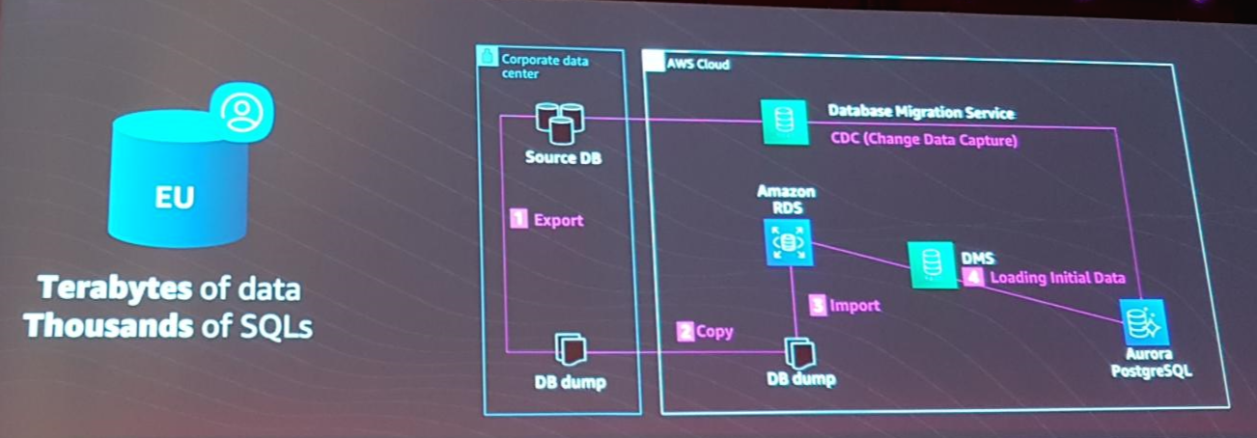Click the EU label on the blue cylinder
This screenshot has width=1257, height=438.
(174, 198)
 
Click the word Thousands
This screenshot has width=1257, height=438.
(108, 326)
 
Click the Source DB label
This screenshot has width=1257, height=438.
(564, 156)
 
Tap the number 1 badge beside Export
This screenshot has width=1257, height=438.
(518, 220)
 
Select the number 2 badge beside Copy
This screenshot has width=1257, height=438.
(685, 331)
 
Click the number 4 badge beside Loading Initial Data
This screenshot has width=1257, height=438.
(974, 278)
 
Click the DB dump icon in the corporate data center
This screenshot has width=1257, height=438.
(569, 349)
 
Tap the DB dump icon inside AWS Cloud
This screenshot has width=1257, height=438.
(799, 351)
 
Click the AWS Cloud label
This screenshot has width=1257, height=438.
(698, 65)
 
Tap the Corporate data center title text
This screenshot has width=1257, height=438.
(544, 67)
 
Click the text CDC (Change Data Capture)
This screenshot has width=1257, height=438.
(925, 140)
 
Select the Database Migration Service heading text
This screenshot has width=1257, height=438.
(921, 113)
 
